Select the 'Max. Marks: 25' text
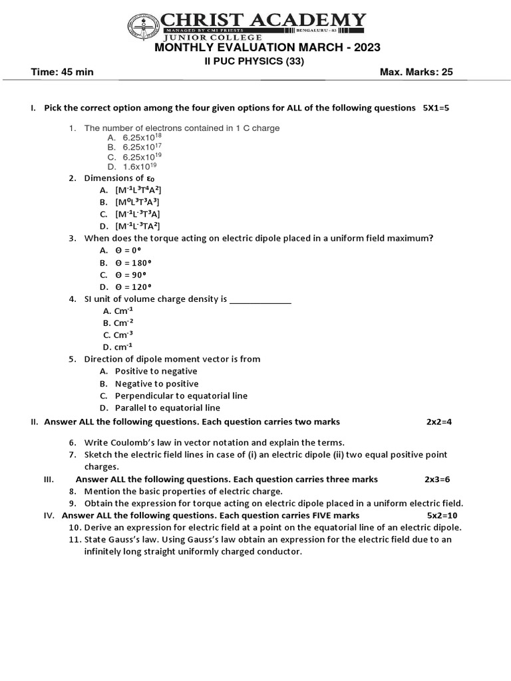coord(416,72)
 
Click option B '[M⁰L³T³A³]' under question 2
coord(137,202)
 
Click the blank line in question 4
coord(260,300)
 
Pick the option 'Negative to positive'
coord(156,384)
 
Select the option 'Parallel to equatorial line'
coord(167,408)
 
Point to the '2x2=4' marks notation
coord(439,422)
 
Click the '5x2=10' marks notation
coord(442,515)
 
